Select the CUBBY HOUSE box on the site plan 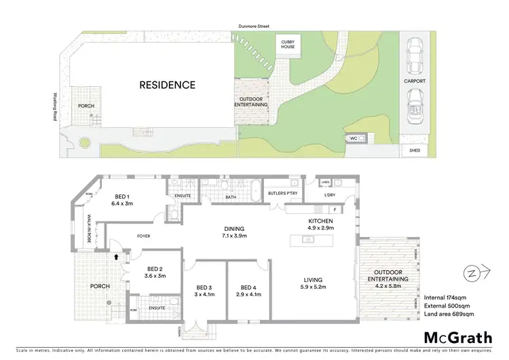point(288,46)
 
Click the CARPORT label point(415,81)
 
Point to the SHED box point(415,151)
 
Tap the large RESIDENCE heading point(167,86)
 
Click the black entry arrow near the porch point(117,257)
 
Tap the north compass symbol point(471,274)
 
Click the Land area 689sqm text point(449,314)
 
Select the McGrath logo point(459,337)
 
